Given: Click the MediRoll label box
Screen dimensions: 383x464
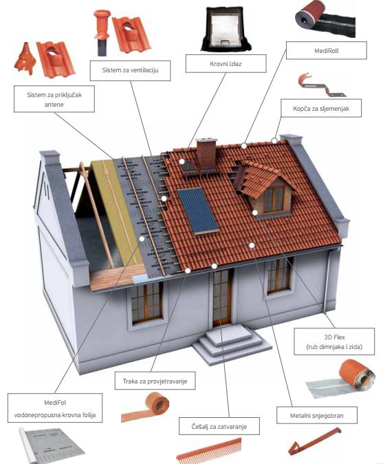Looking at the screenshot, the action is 326,50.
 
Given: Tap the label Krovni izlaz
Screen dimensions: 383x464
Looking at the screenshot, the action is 226,63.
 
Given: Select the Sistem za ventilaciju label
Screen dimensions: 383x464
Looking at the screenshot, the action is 131,70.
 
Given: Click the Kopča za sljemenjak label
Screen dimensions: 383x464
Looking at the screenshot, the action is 321,108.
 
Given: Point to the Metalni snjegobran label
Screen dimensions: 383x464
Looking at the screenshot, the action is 317,415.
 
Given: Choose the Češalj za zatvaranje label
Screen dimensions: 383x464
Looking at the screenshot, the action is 219,426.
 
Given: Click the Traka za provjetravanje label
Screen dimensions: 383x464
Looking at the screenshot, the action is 155,381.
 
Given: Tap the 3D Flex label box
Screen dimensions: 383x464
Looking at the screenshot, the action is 334,341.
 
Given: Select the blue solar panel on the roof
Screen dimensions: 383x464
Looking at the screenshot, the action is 198,211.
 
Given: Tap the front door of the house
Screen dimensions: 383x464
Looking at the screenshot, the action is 222,297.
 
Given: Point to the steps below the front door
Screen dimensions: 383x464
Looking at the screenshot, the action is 231,344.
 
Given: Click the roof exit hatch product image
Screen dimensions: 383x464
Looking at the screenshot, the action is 226,29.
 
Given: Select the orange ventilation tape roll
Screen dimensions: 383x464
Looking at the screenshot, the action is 146,407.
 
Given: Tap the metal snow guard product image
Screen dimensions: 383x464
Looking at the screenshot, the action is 314,441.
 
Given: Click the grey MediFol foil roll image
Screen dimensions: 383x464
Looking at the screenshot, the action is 51,445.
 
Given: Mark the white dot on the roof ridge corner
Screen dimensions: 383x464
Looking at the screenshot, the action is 274,141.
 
